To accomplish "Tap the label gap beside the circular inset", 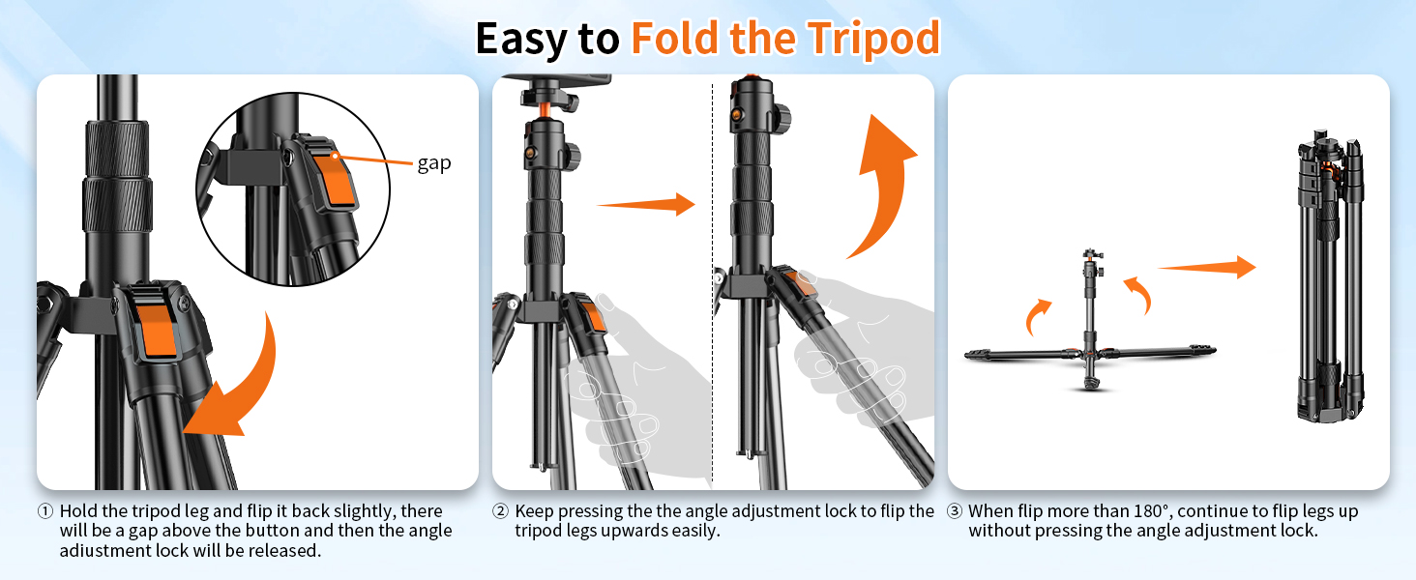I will coord(434,163).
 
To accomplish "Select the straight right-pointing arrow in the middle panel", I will coord(646,204).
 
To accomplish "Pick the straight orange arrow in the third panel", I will coord(1206,268).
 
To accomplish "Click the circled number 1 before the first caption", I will coord(45,511).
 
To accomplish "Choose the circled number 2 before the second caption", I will coord(501,511).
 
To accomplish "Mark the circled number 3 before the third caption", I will coord(955,511).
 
